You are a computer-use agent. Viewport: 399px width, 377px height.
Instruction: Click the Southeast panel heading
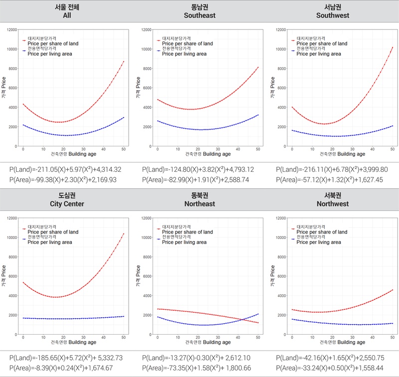[199, 11]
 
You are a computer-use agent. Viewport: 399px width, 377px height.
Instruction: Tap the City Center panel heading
[67, 200]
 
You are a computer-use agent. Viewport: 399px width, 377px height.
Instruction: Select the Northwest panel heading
[332, 200]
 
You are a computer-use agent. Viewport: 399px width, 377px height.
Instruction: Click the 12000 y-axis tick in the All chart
[10, 30]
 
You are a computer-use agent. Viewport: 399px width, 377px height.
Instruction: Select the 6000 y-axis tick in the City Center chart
[11, 276]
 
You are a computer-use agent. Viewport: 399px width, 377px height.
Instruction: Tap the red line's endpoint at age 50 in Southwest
[393, 47]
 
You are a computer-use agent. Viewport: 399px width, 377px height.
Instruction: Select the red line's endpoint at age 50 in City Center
[123, 234]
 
